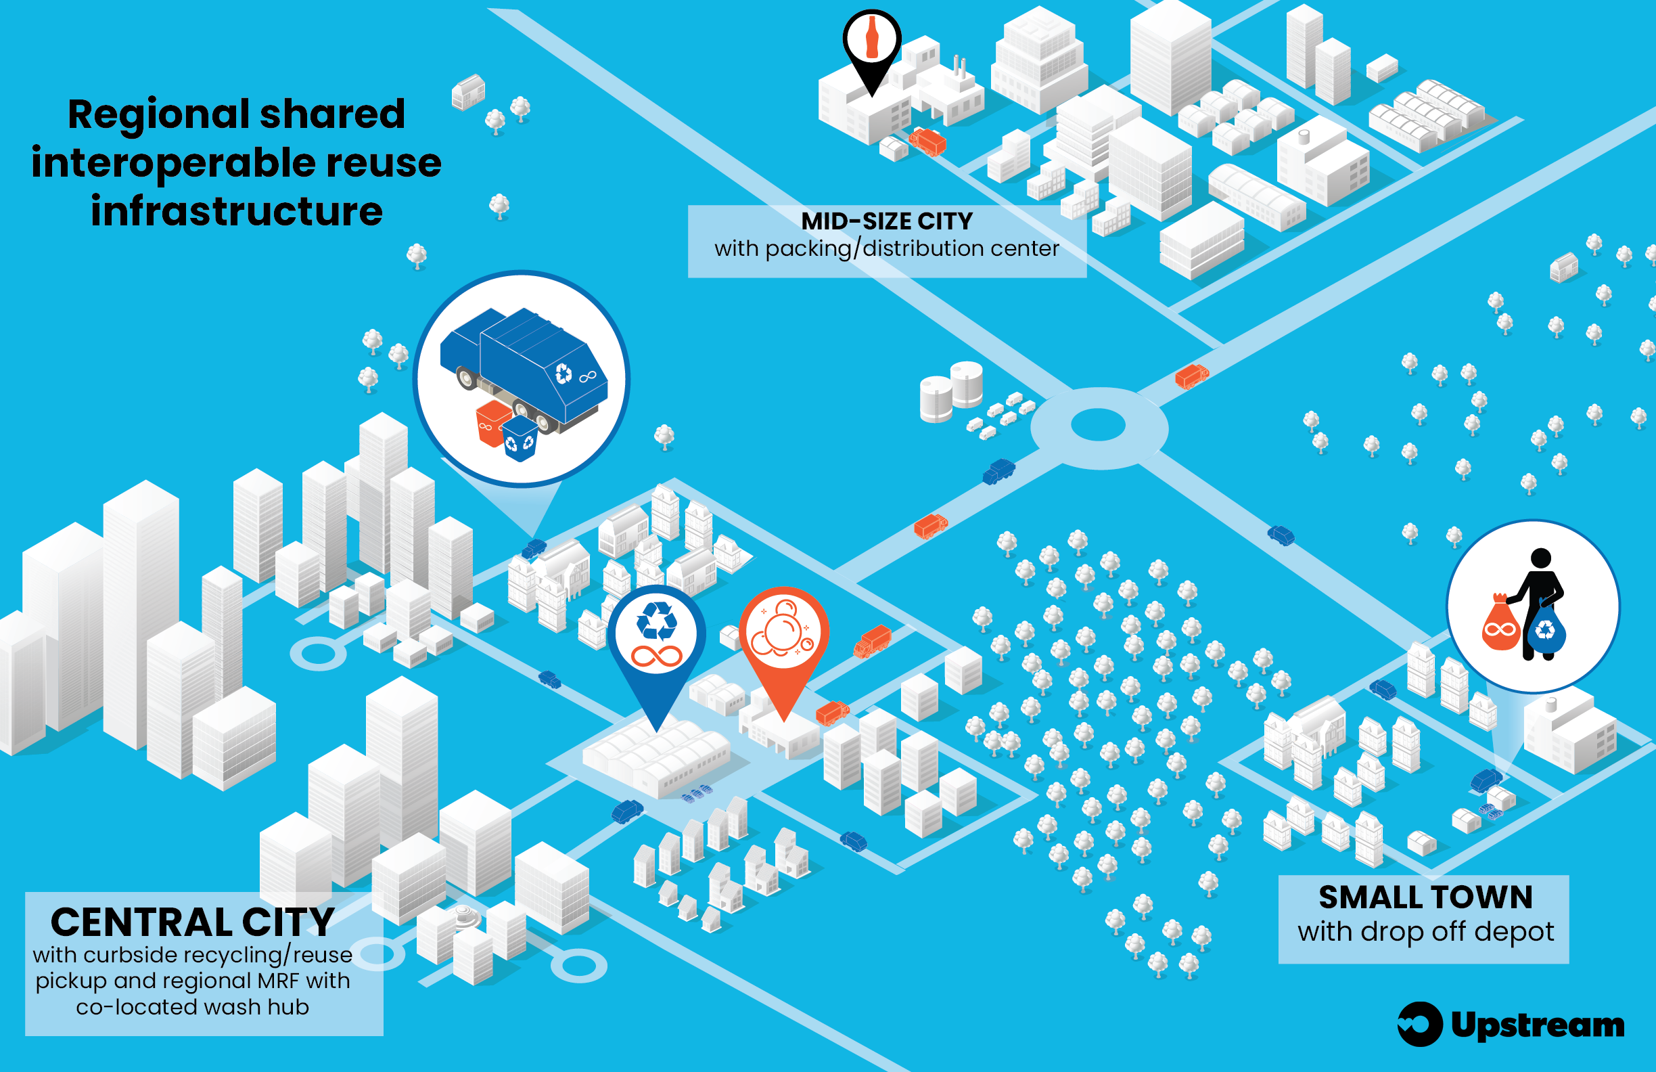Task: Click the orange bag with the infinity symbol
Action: pos(1500,625)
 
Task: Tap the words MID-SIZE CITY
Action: pos(886,221)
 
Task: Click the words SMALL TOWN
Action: pos(1425,898)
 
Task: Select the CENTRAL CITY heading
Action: pos(193,922)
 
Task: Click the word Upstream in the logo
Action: pos(1537,1025)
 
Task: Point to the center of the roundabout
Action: pos(1098,424)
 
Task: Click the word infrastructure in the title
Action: pos(237,211)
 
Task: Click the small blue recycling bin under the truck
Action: pos(520,439)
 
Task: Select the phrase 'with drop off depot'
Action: pos(1425,931)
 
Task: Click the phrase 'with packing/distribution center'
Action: pos(886,248)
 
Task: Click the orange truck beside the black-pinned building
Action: pos(928,141)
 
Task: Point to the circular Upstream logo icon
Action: pos(1419,1024)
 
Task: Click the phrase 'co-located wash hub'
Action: pos(193,1007)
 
